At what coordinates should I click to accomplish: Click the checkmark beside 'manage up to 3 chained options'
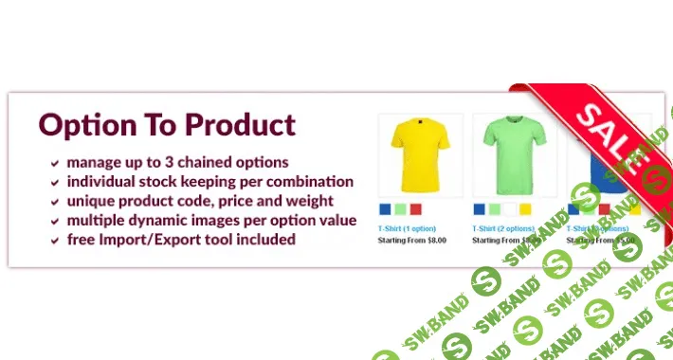[x=56, y=163]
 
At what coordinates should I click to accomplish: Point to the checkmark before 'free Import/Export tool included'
[x=56, y=241]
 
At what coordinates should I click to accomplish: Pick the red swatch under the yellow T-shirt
[x=415, y=209]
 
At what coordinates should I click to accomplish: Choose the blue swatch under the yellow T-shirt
[x=385, y=209]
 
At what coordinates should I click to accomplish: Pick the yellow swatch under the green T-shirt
[x=525, y=209]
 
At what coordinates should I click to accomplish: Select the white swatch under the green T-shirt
[x=510, y=209]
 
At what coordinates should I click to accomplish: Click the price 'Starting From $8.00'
[x=412, y=241]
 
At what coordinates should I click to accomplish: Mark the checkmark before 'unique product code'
[x=56, y=202]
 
